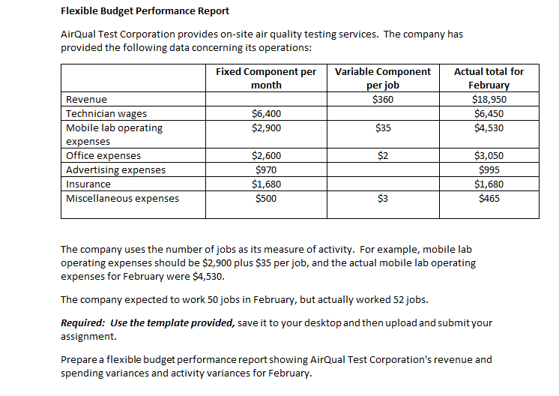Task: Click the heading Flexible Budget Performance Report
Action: tap(145, 11)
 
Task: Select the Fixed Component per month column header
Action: tap(266, 78)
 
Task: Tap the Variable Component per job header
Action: tap(382, 78)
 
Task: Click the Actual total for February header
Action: tap(489, 78)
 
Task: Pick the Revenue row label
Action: tap(86, 100)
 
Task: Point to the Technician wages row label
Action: tap(106, 114)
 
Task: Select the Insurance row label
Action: tap(88, 184)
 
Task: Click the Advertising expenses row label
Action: tap(116, 170)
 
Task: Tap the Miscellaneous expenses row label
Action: tap(123, 199)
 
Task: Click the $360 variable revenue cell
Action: tap(383, 100)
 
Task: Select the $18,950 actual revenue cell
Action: tap(489, 100)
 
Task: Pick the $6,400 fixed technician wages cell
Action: tap(266, 114)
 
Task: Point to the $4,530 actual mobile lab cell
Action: tap(489, 128)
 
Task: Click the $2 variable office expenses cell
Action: tap(383, 156)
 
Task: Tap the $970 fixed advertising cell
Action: tap(266, 170)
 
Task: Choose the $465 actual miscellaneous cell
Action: tap(489, 199)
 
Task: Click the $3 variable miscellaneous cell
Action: tap(383, 199)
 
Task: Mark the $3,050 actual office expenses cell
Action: tap(489, 156)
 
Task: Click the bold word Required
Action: tap(83, 323)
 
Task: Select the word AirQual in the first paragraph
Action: tap(77, 34)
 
